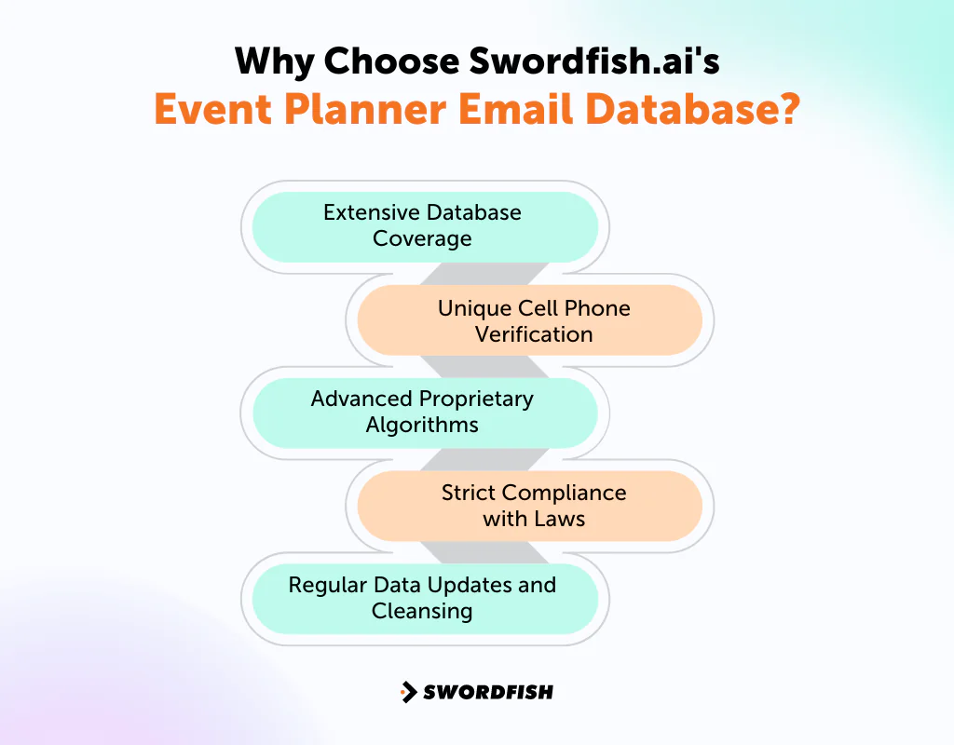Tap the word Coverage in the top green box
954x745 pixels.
coord(422,238)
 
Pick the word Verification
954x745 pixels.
coord(534,334)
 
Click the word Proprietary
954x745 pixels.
coord(476,399)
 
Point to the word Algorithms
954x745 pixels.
coord(422,425)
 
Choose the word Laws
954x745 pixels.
coord(560,519)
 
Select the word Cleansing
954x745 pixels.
coord(422,611)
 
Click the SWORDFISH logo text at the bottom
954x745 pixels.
coord(488,692)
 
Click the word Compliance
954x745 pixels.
coord(565,493)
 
